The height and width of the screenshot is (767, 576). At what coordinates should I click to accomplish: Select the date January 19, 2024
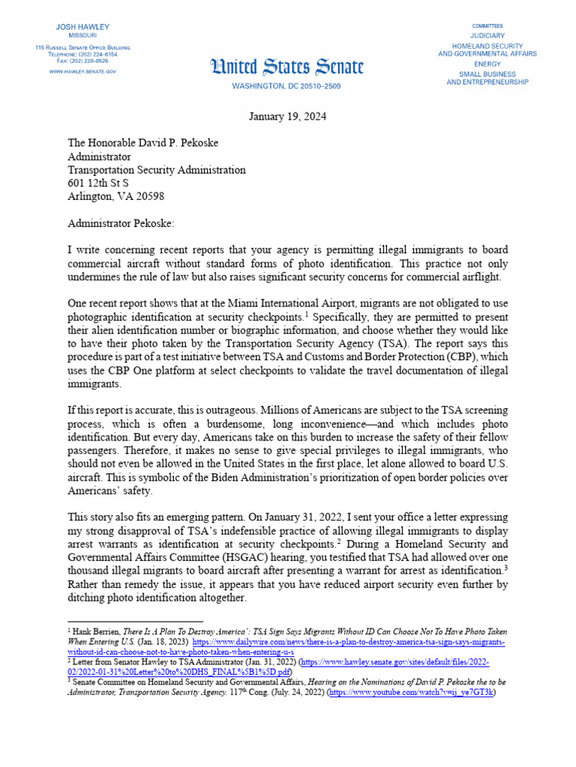[x=287, y=118]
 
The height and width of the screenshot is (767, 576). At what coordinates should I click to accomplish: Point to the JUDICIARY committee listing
[x=487, y=36]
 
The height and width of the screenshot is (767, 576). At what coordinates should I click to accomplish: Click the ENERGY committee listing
[x=487, y=64]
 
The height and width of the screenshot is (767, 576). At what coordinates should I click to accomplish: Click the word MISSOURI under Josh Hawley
[x=82, y=35]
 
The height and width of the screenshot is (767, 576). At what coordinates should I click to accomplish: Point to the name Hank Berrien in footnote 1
[x=96, y=634]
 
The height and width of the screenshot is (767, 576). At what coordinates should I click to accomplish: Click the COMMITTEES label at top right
[x=487, y=25]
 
